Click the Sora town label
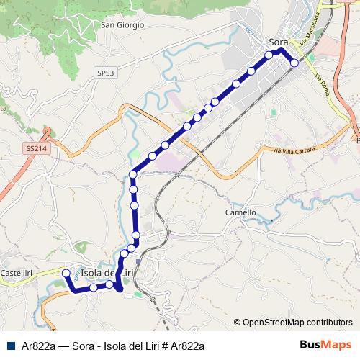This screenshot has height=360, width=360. point(278,41)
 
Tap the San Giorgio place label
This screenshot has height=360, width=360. point(122,24)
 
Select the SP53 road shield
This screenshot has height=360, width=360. point(105,73)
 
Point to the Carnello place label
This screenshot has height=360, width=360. point(240,212)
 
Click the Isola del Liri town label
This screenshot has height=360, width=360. point(108,273)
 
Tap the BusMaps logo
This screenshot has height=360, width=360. point(325,345)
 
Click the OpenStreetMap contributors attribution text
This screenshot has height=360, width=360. point(297,323)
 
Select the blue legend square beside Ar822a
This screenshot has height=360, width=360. point(9,346)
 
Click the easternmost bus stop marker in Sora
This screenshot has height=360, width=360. point(294,63)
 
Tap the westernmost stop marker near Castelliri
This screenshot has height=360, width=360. point(66,273)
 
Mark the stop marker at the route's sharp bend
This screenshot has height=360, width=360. point(133,174)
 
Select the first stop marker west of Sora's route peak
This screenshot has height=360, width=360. point(269,55)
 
